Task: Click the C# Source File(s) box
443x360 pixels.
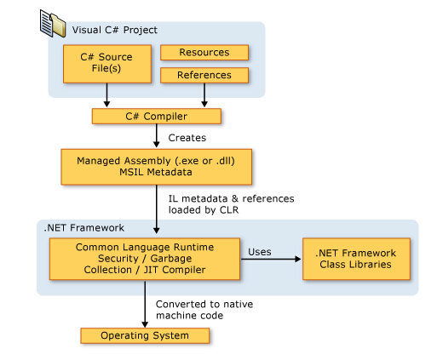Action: (x=107, y=64)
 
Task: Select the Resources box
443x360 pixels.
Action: (x=204, y=53)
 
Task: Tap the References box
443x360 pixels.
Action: (x=204, y=75)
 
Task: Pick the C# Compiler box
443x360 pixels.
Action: (x=157, y=117)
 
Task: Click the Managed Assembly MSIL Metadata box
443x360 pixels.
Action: (x=157, y=167)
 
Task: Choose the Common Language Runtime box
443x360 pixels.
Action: (x=145, y=259)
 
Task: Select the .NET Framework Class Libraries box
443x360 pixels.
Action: (x=356, y=259)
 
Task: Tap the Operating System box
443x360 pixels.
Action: (x=145, y=335)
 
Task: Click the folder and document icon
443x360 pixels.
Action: (x=53, y=23)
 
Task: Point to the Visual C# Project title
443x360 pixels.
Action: (x=115, y=30)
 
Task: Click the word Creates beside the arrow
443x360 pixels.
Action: (x=187, y=138)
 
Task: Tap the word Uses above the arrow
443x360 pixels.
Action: (x=260, y=252)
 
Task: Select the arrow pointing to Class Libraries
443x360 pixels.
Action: (x=271, y=259)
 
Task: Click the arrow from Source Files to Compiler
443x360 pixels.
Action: (x=106, y=95)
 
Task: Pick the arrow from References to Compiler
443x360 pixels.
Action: (x=204, y=95)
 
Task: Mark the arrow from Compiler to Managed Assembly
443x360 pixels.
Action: (x=157, y=135)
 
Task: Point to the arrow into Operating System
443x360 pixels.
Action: (x=145, y=304)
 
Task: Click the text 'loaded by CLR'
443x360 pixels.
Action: (x=204, y=210)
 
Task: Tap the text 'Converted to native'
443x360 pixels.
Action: (x=204, y=304)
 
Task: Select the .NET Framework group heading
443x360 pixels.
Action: (x=84, y=228)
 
